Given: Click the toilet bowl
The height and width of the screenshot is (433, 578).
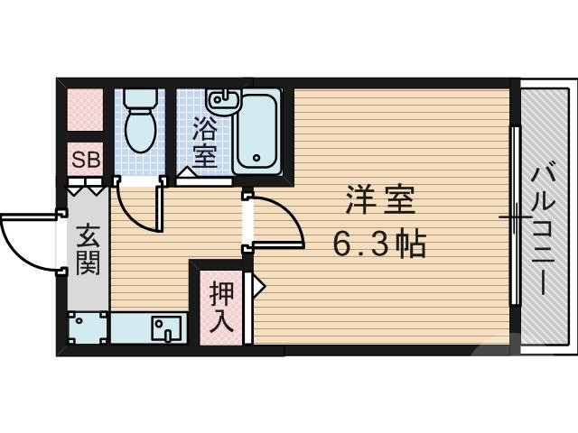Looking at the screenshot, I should click(x=139, y=125).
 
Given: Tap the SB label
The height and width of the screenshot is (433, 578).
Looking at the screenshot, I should click(x=87, y=161).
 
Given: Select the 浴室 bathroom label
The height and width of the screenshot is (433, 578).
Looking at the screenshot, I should click(x=204, y=142).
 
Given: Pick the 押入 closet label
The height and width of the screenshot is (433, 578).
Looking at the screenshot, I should click(x=221, y=306).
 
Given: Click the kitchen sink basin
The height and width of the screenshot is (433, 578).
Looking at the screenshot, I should click(x=163, y=327).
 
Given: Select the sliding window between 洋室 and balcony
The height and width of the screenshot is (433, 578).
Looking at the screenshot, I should click(x=514, y=216).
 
